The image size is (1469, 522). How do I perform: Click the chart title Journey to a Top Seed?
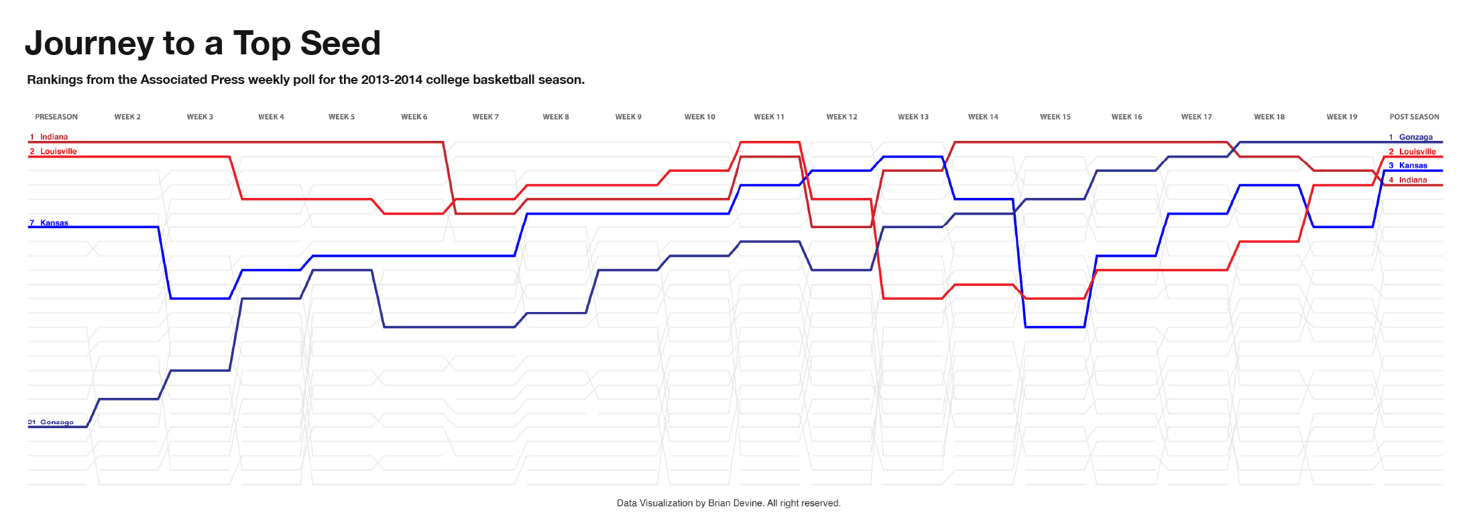202,44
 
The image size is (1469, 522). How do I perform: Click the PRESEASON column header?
56,117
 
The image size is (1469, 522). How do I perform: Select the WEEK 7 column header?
485,117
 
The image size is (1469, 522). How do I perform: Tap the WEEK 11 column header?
769,117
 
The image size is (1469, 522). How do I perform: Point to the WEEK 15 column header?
1055,117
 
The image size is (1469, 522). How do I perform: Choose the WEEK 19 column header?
1342,117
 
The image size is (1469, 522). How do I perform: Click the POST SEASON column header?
1414,117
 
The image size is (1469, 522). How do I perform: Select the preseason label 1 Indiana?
49,137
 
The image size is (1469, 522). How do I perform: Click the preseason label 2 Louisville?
53,152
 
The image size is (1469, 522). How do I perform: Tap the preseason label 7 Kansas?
49,223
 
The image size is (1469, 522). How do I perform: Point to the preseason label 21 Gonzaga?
50,422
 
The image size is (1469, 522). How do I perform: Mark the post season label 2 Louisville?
1412,152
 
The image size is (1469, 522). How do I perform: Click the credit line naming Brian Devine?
728,503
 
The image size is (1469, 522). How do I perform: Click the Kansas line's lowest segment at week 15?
1055,327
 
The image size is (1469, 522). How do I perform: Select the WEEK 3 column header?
200,117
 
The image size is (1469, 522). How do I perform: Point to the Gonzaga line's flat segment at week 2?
129,399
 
